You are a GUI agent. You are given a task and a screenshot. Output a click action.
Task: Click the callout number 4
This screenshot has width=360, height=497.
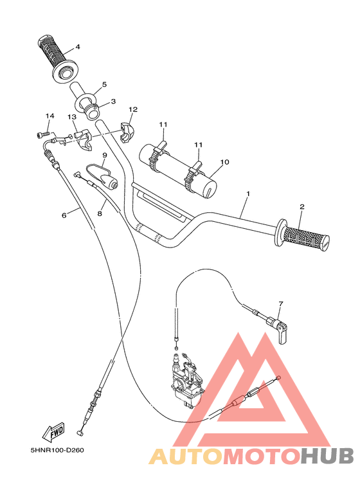tap(77, 46)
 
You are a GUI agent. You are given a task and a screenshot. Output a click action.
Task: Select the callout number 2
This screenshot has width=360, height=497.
tap(301, 206)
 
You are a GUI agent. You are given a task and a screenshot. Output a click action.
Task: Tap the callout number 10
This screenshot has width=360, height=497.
tap(224, 162)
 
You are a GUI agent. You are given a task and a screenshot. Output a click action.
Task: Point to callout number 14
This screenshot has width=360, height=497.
tap(48, 116)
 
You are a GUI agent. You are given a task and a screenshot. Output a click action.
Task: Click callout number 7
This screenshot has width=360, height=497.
tap(280, 303)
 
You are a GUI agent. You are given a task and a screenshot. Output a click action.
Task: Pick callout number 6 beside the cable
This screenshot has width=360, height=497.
tap(64, 215)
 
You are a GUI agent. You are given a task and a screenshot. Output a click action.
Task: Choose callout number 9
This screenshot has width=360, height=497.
tap(104, 155)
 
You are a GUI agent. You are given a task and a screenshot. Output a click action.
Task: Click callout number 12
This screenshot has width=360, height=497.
tap(133, 109)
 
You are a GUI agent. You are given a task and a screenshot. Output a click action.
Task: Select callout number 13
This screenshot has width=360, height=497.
tap(73, 117)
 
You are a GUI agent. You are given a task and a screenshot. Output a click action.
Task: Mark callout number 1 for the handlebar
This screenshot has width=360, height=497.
tap(248, 194)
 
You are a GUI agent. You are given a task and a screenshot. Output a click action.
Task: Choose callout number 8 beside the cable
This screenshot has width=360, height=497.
tap(100, 213)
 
